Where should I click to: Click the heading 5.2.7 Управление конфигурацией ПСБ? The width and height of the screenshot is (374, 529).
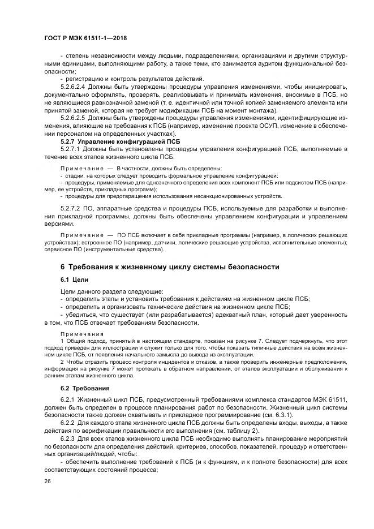click(x=112, y=140)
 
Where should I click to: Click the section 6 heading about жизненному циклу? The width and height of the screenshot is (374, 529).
click(x=170, y=266)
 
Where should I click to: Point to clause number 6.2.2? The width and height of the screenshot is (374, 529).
click(x=68, y=422)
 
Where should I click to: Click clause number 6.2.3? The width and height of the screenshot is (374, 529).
click(x=68, y=437)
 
